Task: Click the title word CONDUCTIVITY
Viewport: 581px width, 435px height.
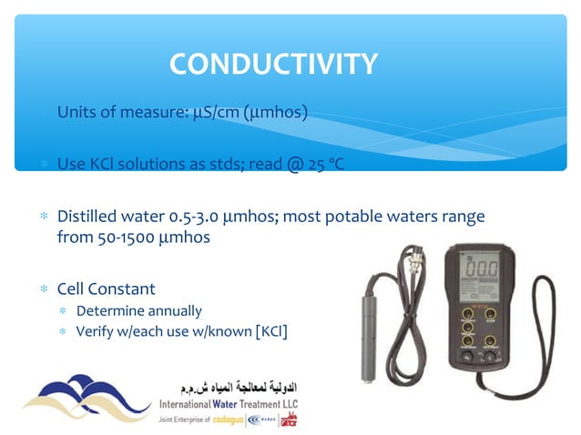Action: pos(272,64)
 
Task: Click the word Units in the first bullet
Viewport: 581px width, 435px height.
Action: pos(77,113)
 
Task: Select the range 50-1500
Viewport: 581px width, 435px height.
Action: pos(123,238)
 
